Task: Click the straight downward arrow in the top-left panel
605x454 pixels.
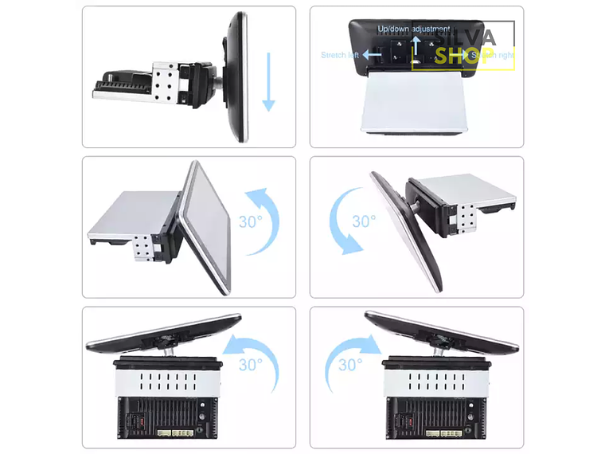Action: point(268,81)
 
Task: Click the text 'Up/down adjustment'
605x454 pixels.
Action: point(413,29)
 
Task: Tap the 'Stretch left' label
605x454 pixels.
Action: point(340,55)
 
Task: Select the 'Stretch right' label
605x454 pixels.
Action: point(493,55)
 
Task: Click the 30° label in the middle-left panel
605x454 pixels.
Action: point(250,221)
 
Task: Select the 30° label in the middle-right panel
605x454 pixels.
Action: point(364,221)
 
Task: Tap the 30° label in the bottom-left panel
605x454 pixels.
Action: point(250,365)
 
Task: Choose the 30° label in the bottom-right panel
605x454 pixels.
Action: point(350,365)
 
